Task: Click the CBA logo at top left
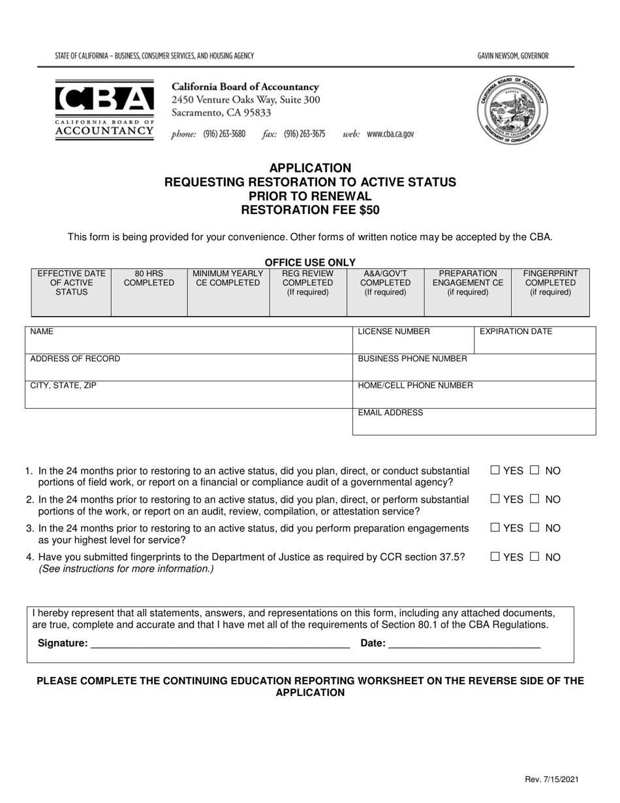click(x=104, y=110)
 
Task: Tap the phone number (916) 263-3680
click(x=224, y=134)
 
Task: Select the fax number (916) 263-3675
click(x=304, y=134)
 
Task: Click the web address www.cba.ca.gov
click(x=390, y=134)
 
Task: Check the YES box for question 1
click(x=495, y=471)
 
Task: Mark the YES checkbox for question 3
click(x=495, y=528)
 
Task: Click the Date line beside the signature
click(x=464, y=643)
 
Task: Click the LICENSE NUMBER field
click(x=413, y=340)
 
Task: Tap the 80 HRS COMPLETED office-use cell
click(x=149, y=292)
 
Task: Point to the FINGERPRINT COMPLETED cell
click(x=550, y=292)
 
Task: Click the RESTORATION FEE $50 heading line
click(x=310, y=210)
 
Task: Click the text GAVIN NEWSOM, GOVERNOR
click(x=513, y=56)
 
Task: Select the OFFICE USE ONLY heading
click(x=310, y=262)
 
